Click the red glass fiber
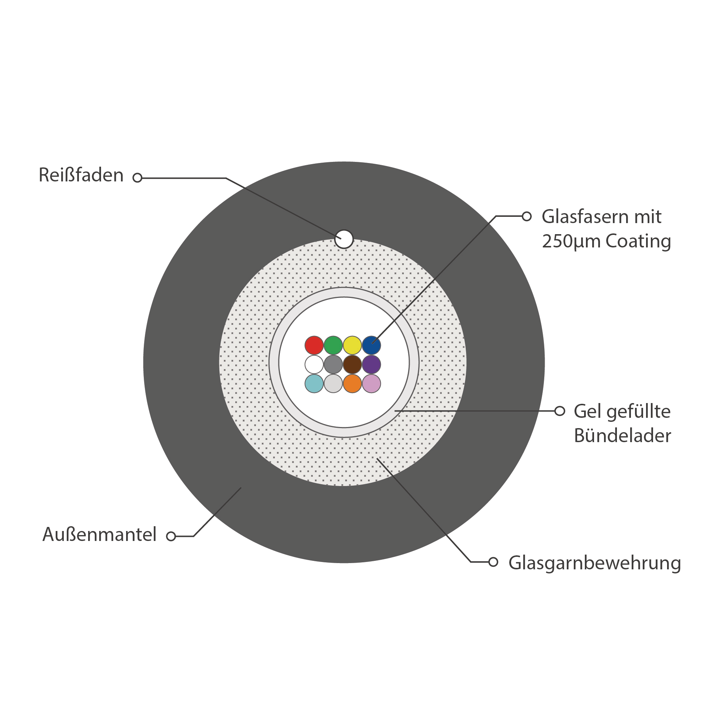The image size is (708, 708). [314, 345]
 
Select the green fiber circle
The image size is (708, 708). [333, 345]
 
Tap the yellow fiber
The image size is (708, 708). [352, 345]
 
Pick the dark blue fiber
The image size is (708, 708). [371, 345]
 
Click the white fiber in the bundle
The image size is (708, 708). [314, 364]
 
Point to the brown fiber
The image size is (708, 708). [352, 364]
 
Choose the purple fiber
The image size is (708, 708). [371, 364]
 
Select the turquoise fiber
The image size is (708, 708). [314, 383]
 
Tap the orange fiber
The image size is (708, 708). [352, 383]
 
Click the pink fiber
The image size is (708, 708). [371, 383]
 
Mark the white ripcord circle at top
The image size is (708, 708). [344, 239]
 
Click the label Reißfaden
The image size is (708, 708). [81, 175]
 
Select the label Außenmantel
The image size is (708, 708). [100, 534]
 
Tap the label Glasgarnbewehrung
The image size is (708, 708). [594, 563]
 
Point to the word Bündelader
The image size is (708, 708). [622, 435]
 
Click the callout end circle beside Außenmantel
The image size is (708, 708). [171, 536]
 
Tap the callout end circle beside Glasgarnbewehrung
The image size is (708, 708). [493, 562]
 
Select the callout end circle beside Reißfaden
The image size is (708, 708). [138, 178]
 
